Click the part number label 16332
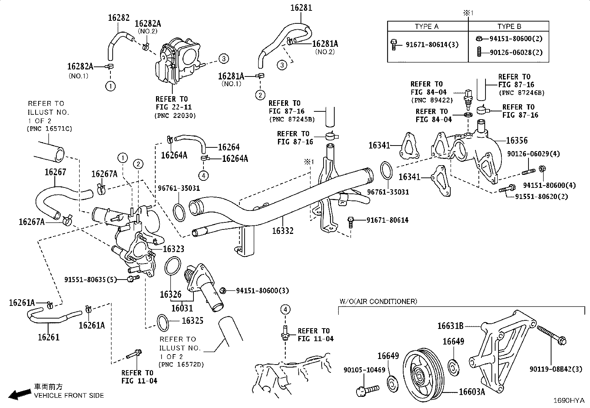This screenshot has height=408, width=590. point(282,231)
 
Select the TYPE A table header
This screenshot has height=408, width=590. point(427,26)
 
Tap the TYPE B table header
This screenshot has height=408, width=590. point(509,26)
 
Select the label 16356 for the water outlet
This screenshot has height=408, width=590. point(517,140)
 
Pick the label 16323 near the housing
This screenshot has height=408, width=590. point(173,249)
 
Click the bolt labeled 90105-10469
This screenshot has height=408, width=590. point(367,390)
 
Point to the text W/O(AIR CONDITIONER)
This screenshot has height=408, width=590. point(378,301)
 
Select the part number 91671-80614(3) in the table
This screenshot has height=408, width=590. point(432,45)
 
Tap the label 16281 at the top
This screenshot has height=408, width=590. point(301,8)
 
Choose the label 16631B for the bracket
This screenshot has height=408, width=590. point(450,326)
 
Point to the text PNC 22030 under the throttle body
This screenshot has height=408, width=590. point(175,115)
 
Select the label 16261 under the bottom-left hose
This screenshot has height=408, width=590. point(49,337)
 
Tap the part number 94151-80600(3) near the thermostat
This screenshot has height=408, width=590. point(262,291)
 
